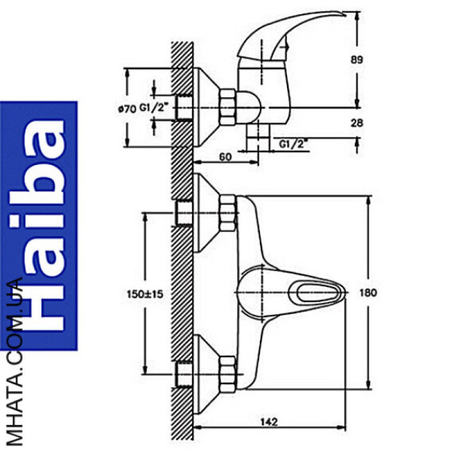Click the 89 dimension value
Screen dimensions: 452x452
[357, 60]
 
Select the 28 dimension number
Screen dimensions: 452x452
[357, 123]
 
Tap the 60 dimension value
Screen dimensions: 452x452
[225, 157]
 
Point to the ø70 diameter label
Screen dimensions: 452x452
[127, 109]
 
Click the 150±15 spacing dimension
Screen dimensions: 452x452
[145, 294]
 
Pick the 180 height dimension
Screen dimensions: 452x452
[368, 293]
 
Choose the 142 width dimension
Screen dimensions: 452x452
[269, 422]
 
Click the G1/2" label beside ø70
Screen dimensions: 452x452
[154, 107]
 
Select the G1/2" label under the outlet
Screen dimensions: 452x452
[293, 144]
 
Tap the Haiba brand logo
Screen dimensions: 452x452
[38, 225]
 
